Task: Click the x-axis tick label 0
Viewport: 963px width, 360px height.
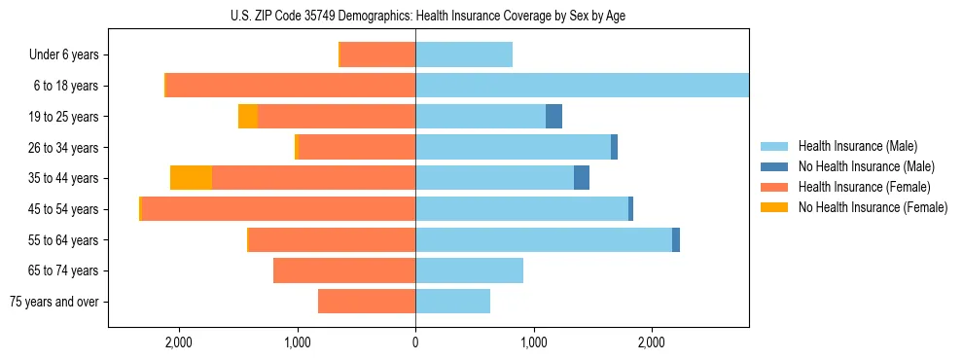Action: tap(415, 342)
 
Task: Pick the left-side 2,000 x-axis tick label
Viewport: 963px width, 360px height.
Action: tap(178, 342)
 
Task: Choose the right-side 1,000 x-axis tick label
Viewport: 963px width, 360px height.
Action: tap(533, 342)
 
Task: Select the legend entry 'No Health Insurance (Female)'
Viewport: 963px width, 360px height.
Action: tap(873, 207)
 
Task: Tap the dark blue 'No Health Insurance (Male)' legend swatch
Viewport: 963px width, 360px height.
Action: tap(774, 167)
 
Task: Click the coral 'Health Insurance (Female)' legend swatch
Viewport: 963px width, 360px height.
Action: tap(774, 187)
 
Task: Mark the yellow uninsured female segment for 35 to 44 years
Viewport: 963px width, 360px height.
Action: tap(191, 178)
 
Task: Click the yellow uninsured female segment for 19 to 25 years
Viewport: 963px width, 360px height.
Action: tap(248, 117)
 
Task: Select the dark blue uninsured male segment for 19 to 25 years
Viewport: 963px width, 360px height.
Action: tap(553, 117)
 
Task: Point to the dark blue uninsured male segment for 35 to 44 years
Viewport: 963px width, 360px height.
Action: tap(582, 178)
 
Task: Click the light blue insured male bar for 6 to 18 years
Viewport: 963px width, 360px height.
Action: tap(582, 86)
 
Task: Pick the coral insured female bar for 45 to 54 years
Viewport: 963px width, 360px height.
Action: tap(278, 209)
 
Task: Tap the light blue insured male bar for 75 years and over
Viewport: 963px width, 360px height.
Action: tap(452, 302)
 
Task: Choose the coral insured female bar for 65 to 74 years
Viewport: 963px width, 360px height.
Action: tap(344, 270)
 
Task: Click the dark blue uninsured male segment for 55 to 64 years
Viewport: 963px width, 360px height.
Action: tap(676, 240)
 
